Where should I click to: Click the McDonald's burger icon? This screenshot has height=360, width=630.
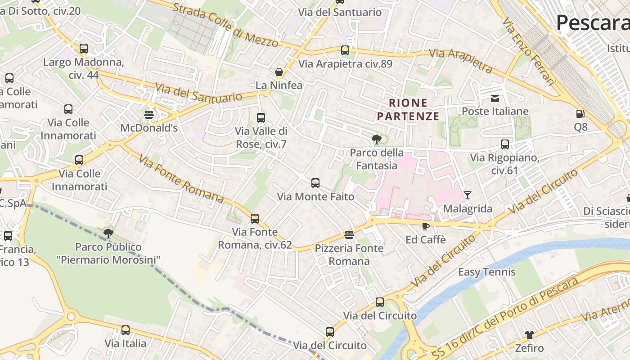[x=149, y=114]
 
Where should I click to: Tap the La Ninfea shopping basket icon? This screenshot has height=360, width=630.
[x=279, y=72]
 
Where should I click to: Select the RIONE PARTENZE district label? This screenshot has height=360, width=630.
[x=408, y=110]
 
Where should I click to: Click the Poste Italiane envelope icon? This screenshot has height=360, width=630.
[x=495, y=98]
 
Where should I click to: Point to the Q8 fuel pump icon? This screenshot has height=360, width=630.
[x=580, y=114]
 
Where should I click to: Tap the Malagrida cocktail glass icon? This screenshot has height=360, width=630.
[x=468, y=195]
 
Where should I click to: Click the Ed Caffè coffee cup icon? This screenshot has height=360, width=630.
[x=426, y=226]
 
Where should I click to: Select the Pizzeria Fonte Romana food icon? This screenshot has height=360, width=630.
[x=349, y=234]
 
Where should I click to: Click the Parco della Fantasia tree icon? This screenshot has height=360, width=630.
[x=377, y=139]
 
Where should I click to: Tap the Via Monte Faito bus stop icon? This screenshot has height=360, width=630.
[x=315, y=183]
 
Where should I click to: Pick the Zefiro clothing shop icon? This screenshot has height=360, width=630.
[x=529, y=335]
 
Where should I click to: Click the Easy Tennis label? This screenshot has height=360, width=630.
[x=486, y=272]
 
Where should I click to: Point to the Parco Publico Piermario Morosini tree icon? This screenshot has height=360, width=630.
[x=108, y=233]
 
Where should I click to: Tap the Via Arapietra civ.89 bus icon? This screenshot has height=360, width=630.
[x=345, y=50]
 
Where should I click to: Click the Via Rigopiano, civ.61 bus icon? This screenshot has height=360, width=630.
[x=505, y=144]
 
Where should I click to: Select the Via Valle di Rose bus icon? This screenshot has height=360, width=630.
[x=261, y=118]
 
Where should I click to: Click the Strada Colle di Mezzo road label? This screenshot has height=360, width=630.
[x=225, y=25]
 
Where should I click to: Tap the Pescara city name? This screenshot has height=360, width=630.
[x=592, y=22]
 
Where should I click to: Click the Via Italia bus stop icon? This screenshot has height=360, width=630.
[x=126, y=330]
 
